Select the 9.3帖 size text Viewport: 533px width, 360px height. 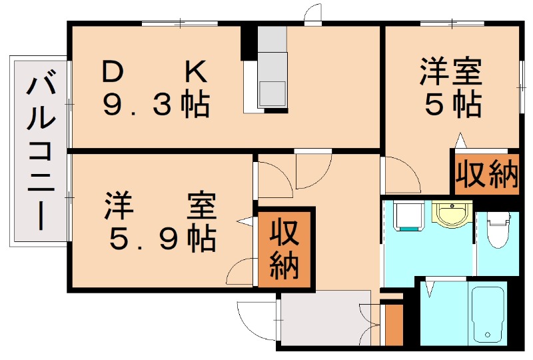point(156,105)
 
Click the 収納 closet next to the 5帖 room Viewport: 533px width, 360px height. point(486,174)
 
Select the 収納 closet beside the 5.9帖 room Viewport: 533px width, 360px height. point(286,250)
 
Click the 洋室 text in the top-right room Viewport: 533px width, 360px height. point(450,72)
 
